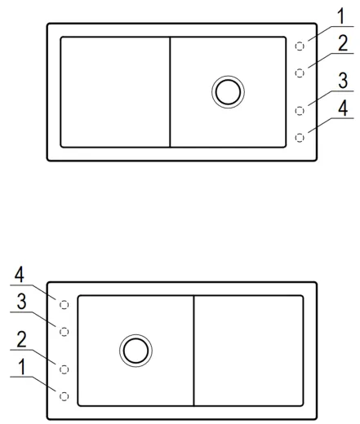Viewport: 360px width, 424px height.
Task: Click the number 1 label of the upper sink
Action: (x=341, y=16)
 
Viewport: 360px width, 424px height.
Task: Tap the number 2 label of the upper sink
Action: (x=343, y=43)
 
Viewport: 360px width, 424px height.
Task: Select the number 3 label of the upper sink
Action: (x=343, y=81)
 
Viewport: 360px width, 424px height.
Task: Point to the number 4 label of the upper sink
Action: (x=343, y=108)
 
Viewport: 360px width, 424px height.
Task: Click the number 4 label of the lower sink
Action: (x=20, y=275)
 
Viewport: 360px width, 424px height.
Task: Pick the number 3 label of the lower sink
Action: (x=21, y=302)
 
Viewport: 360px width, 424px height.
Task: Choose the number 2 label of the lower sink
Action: (x=21, y=339)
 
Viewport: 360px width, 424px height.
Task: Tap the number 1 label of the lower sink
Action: (x=22, y=367)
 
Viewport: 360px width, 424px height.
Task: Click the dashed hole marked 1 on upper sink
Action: (x=300, y=46)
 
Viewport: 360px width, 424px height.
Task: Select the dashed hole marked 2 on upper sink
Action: (x=300, y=73)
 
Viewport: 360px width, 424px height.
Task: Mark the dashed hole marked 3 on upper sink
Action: (x=300, y=111)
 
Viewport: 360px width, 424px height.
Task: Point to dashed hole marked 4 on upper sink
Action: (x=300, y=138)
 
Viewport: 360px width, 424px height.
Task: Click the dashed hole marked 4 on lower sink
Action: (x=64, y=305)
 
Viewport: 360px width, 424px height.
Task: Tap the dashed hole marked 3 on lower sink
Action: (x=64, y=332)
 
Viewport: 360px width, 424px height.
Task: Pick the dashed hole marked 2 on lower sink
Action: (x=64, y=369)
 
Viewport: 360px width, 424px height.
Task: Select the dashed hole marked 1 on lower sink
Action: (x=64, y=396)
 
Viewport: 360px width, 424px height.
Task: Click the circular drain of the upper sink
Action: (x=228, y=76)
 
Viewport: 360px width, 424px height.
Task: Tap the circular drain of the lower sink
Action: (x=136, y=335)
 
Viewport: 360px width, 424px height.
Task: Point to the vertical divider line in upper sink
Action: (x=170, y=92)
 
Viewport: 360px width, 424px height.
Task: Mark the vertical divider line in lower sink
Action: (x=193, y=351)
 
